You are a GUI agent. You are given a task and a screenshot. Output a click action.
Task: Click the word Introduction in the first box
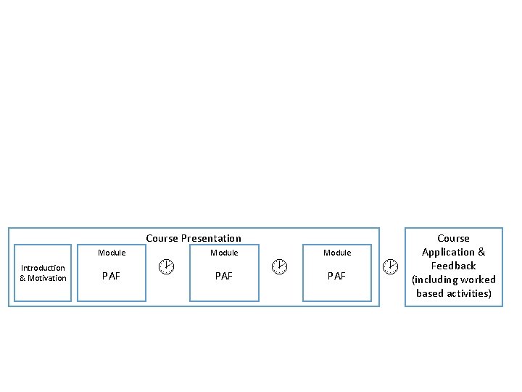pyautogui.click(x=43, y=268)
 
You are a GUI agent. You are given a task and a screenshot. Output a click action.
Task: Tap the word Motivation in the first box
pyautogui.click(x=47, y=278)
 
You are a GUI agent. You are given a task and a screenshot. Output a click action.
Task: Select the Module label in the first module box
pyautogui.click(x=112, y=253)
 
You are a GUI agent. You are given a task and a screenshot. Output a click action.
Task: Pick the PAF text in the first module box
pyautogui.click(x=111, y=276)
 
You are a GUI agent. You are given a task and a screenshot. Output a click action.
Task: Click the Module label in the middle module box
pyautogui.click(x=224, y=253)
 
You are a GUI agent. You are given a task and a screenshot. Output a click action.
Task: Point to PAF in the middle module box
pyautogui.click(x=224, y=276)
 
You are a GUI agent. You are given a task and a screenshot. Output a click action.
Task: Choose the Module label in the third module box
pyautogui.click(x=337, y=253)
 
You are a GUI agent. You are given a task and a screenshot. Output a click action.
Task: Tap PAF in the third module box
pyautogui.click(x=336, y=276)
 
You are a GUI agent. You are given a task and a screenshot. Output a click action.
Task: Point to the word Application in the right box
pyautogui.click(x=448, y=253)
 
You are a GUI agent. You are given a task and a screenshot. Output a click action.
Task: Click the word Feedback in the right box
pyautogui.click(x=453, y=266)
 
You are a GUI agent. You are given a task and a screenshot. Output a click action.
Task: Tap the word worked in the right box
pyautogui.click(x=480, y=279)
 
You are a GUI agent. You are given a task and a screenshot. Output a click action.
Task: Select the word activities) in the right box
pyautogui.click(x=469, y=293)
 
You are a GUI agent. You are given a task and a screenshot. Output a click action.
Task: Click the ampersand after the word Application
pyautogui.click(x=481, y=252)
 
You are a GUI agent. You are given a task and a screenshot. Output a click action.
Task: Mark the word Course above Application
pyautogui.click(x=453, y=238)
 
